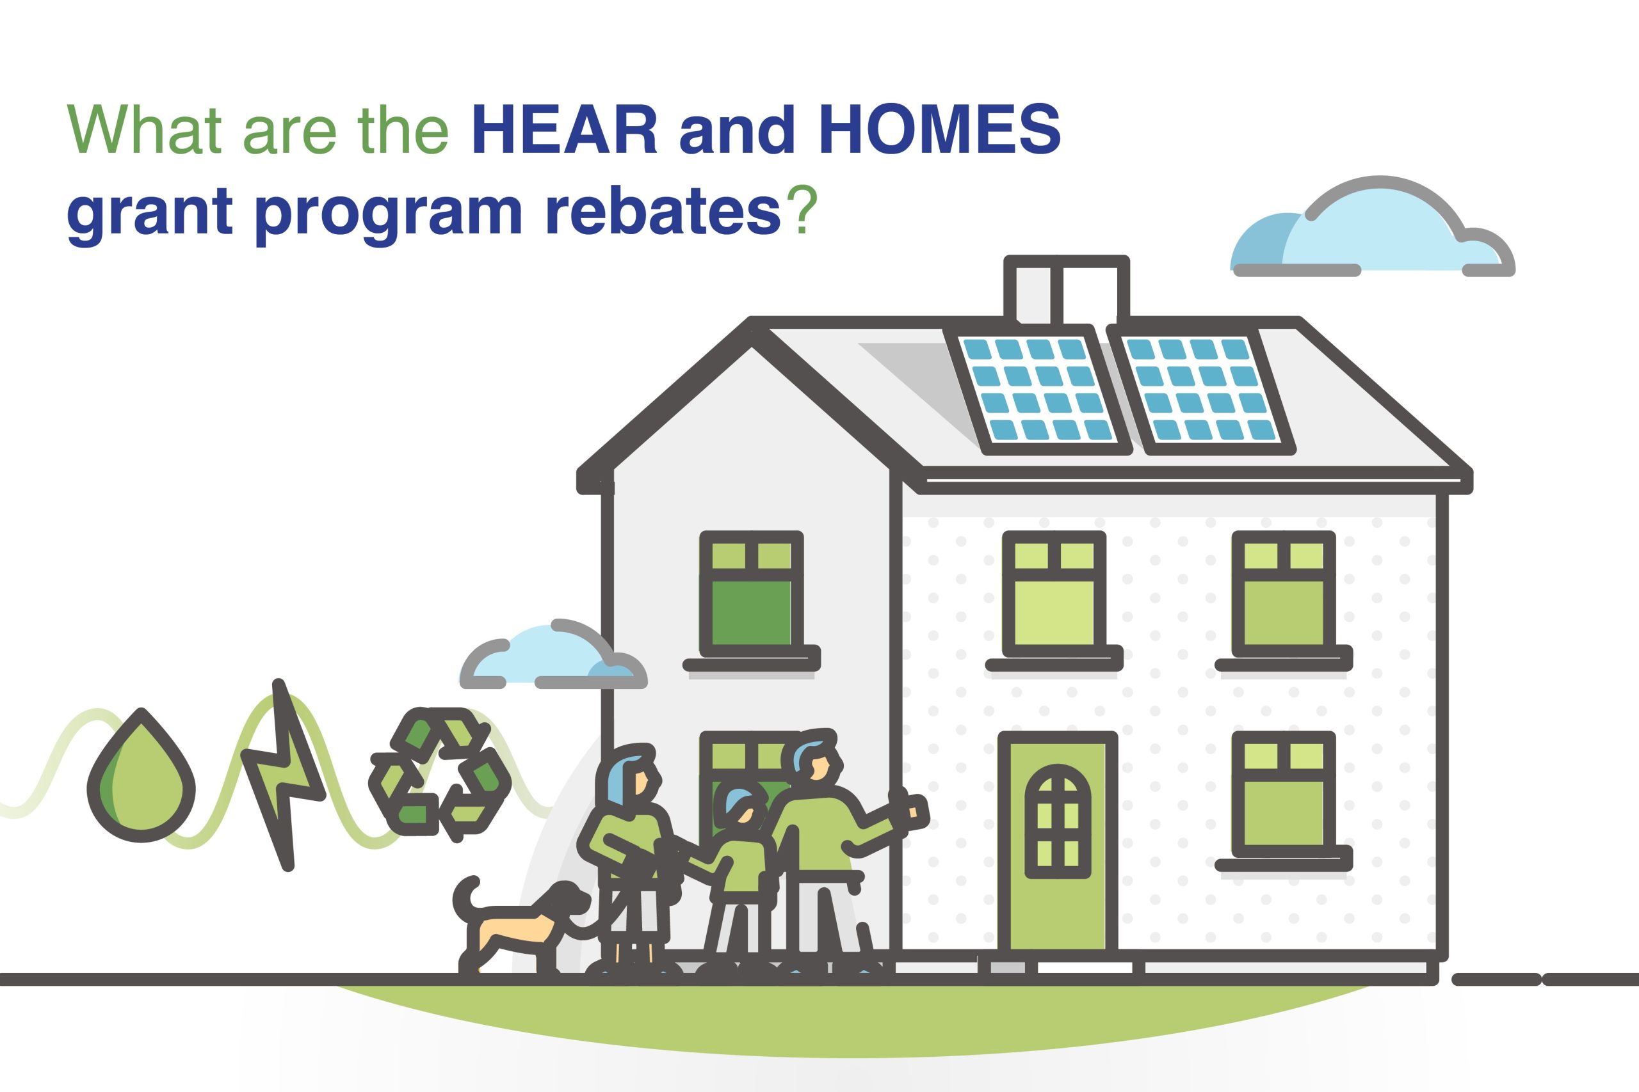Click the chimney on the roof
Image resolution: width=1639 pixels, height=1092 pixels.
pyautogui.click(x=1066, y=290)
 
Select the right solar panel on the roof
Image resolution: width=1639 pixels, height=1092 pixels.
pyautogui.click(x=1200, y=390)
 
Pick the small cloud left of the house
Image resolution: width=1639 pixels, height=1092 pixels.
pyautogui.click(x=553, y=655)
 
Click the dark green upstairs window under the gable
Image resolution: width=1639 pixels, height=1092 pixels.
pyautogui.click(x=751, y=595)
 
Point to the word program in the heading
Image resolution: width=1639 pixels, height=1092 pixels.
pyautogui.click(x=388, y=213)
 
